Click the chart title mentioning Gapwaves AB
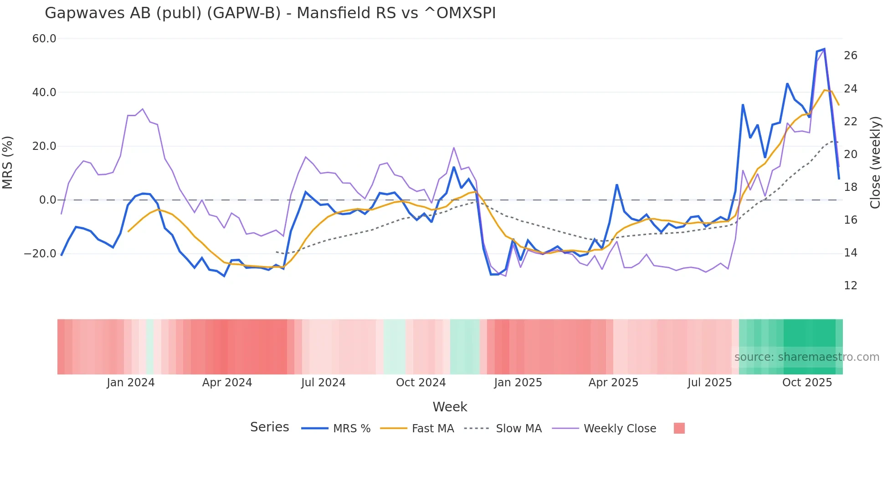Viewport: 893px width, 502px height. (x=270, y=13)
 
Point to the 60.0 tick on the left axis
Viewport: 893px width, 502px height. (x=44, y=39)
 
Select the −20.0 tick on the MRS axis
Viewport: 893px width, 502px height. (x=40, y=254)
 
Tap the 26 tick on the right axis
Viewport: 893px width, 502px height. (x=850, y=56)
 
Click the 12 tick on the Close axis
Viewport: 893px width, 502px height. (x=850, y=286)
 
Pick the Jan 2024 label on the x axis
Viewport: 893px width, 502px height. (x=131, y=383)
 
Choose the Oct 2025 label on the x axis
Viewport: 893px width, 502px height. (x=807, y=383)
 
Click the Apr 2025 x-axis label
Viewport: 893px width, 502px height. (x=613, y=383)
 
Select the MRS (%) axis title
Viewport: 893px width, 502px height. (x=8, y=163)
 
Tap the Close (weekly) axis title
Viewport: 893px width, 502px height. (x=875, y=163)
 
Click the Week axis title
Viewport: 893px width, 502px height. (x=450, y=407)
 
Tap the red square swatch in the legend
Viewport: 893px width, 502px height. (x=679, y=428)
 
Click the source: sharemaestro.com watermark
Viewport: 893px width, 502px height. (x=806, y=357)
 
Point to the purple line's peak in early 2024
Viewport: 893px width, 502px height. (x=143, y=109)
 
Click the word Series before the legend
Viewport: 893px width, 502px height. (x=269, y=427)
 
